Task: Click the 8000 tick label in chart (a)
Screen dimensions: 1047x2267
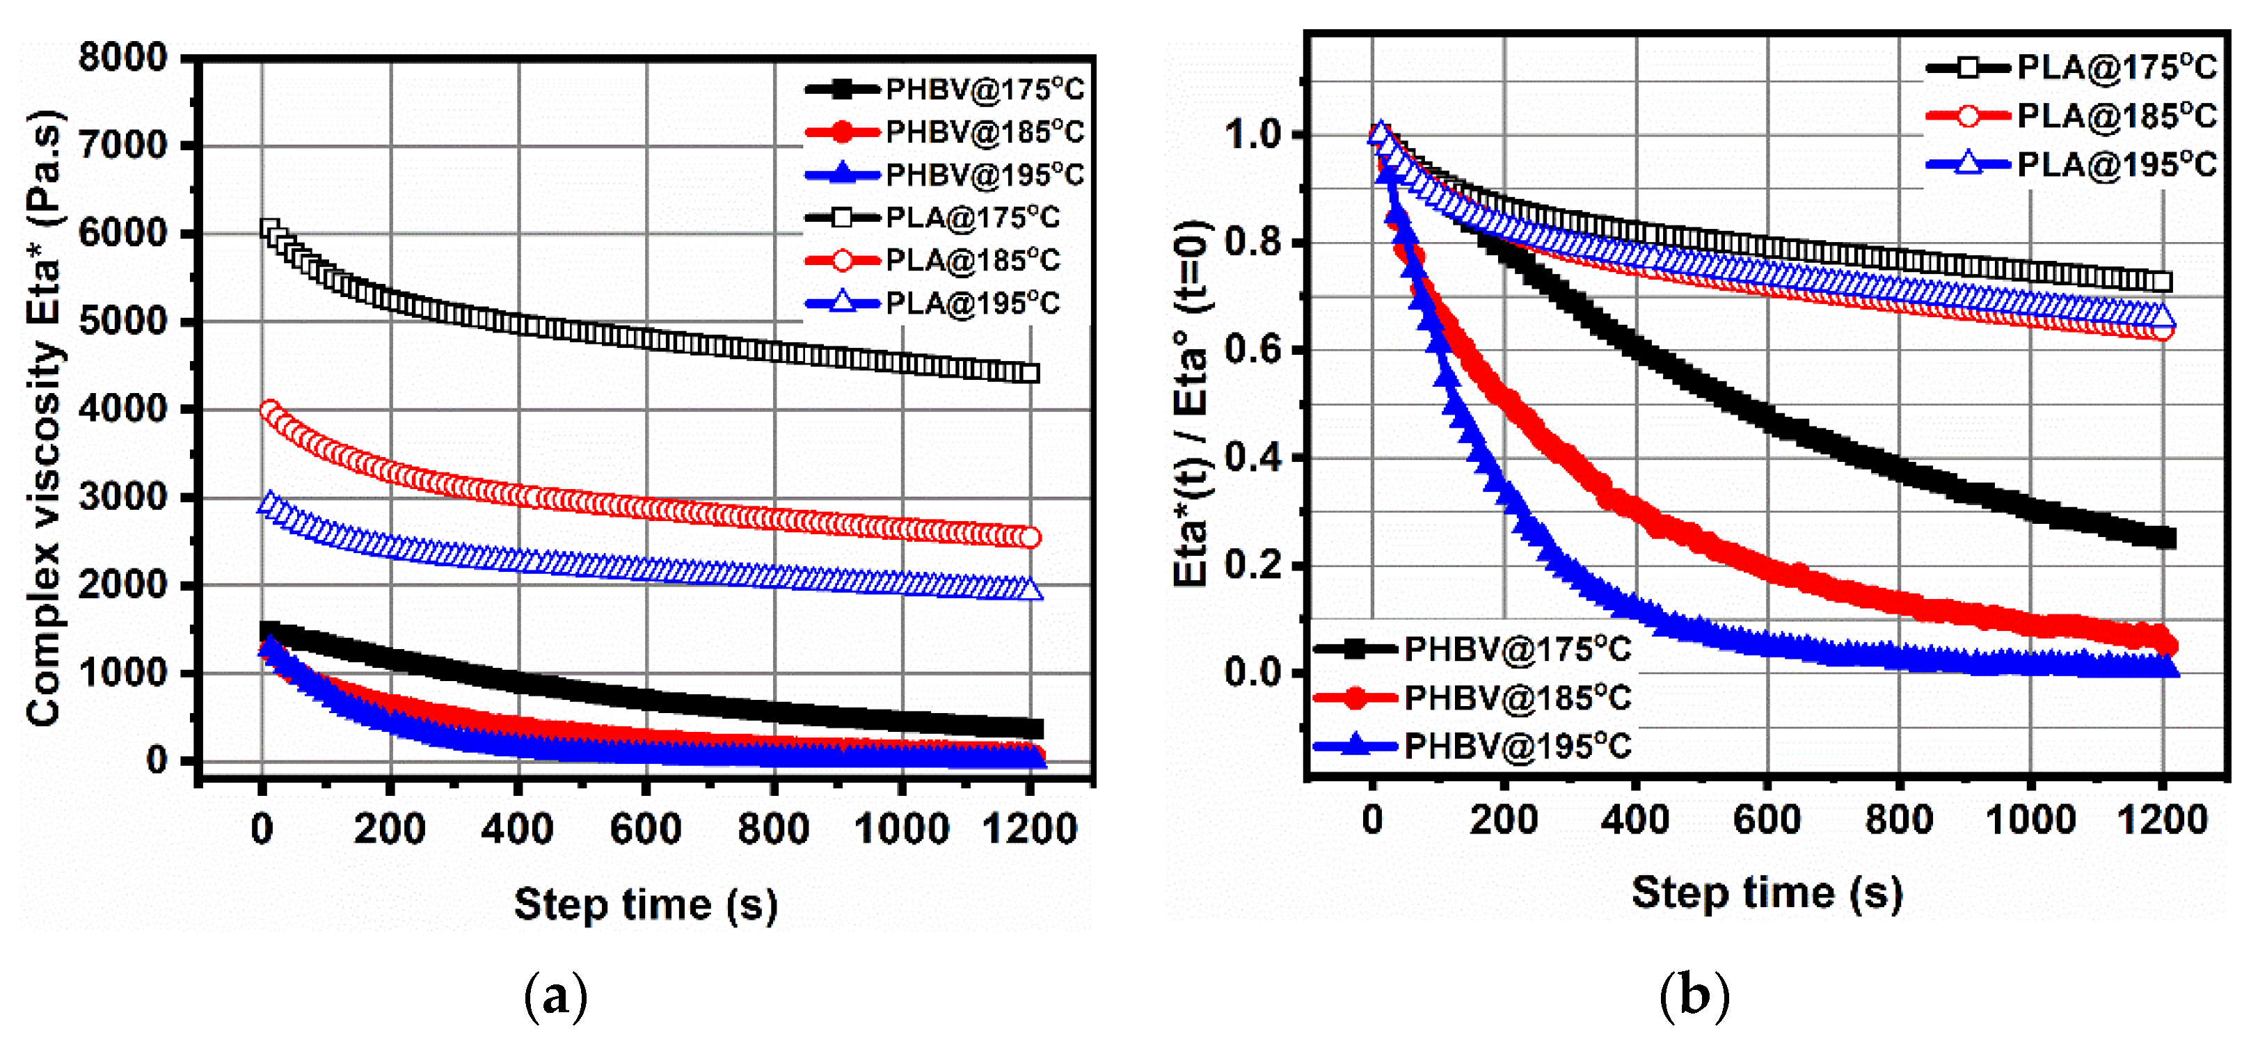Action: (122, 58)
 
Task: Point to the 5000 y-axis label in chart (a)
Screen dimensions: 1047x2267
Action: (122, 321)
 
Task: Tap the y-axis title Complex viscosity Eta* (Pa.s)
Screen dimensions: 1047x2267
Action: (44, 418)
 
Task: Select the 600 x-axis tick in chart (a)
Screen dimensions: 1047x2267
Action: (645, 829)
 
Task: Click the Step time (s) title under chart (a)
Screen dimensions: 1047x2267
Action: (645, 904)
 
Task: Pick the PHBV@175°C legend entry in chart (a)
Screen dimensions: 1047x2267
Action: (946, 89)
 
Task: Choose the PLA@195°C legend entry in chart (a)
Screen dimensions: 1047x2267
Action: (946, 303)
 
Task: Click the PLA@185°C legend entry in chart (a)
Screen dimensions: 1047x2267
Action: (946, 260)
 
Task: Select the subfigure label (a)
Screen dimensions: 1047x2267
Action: (555, 997)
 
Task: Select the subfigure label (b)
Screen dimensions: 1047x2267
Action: (1694, 997)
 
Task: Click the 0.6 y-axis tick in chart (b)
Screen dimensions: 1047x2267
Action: (1252, 350)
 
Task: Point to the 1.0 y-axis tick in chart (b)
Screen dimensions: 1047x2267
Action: (1252, 135)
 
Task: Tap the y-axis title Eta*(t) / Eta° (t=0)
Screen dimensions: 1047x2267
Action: (1193, 403)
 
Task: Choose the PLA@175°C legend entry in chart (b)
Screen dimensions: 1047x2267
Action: (2072, 67)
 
